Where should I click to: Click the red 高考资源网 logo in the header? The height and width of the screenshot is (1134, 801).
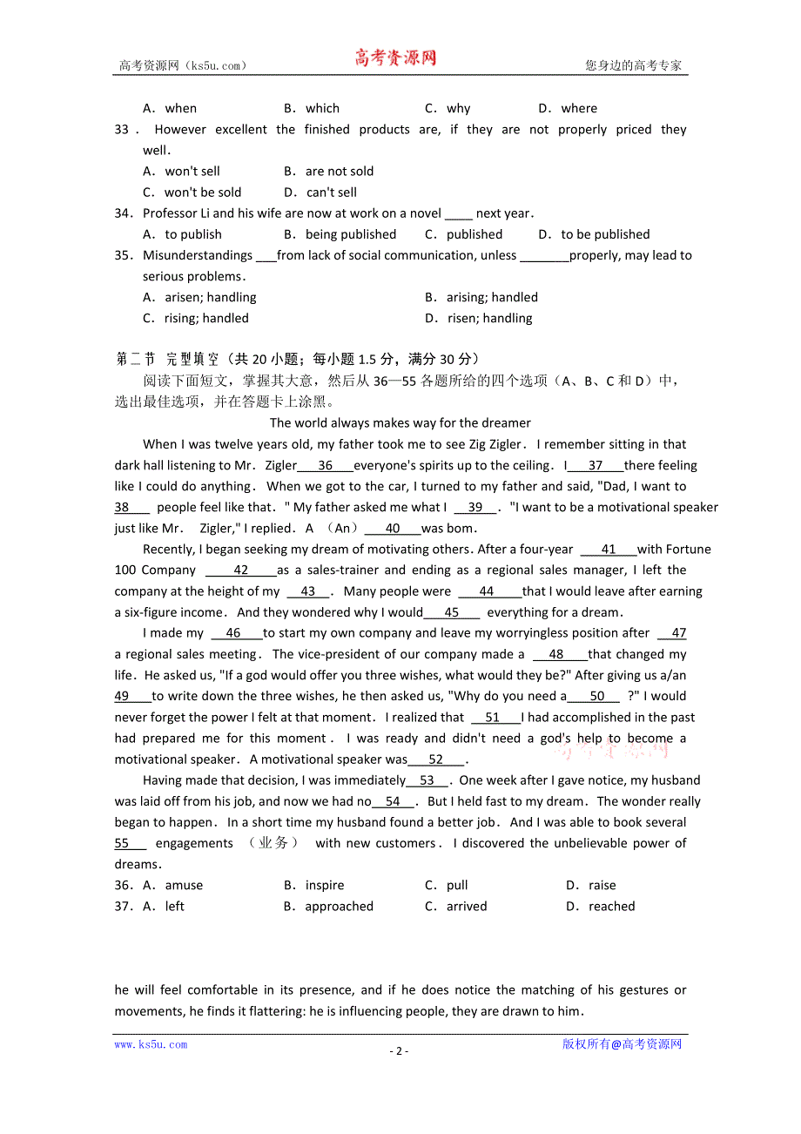coord(395,58)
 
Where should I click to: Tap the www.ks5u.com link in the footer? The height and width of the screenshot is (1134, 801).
coord(151,1044)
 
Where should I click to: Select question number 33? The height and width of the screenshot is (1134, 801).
coord(122,130)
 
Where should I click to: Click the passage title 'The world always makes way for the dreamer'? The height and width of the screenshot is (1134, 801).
coord(400,423)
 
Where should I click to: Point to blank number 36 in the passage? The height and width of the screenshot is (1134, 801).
coord(325,465)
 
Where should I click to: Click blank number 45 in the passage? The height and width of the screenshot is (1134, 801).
coord(451,612)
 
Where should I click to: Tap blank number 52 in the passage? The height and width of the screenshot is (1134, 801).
coord(435,759)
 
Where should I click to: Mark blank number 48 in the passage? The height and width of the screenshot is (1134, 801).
coord(556,654)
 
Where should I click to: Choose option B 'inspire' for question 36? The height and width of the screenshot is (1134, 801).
coord(324,885)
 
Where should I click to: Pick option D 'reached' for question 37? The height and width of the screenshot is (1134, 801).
coord(611,906)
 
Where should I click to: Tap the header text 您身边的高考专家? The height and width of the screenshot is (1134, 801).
coord(633,65)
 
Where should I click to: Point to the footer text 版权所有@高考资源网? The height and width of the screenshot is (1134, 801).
coord(622,1044)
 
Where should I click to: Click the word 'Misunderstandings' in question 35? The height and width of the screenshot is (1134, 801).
coord(198,255)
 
